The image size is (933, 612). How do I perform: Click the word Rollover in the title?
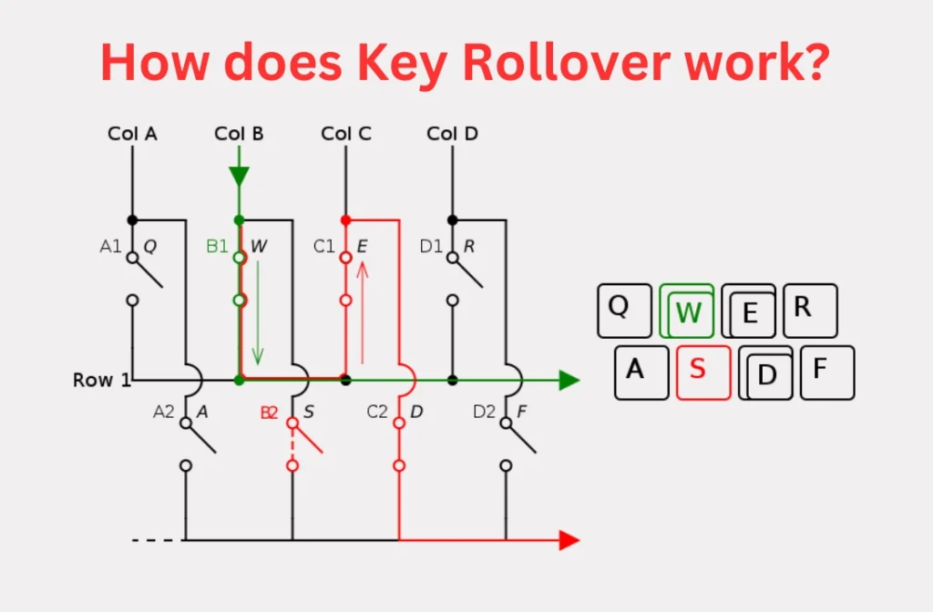pos(566,62)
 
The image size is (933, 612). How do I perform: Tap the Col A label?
pos(132,134)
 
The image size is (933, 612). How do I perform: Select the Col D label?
pos(452,134)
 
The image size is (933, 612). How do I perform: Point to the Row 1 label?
pos(102,380)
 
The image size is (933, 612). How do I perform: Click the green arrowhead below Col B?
pos(240,177)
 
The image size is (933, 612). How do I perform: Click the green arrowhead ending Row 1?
pos(569,380)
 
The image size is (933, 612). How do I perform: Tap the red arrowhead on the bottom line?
pos(569,540)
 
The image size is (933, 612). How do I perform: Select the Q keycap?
pos(624,311)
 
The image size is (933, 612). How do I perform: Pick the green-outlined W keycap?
pos(687,311)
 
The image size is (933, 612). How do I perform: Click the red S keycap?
pos(703,372)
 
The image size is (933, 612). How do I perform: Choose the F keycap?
pos(827,372)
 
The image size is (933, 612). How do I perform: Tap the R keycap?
pos(810,311)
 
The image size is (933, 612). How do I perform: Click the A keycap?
pos(641,372)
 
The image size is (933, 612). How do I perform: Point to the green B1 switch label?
pos(217,246)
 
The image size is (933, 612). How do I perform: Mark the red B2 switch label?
pos(269,413)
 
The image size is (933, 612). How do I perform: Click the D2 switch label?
pos(484,412)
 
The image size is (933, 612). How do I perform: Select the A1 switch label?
pos(110,246)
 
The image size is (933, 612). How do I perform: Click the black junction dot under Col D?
pos(452,220)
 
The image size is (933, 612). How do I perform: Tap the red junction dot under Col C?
pos(345,220)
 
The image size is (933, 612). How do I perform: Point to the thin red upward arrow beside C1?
pos(363,312)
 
